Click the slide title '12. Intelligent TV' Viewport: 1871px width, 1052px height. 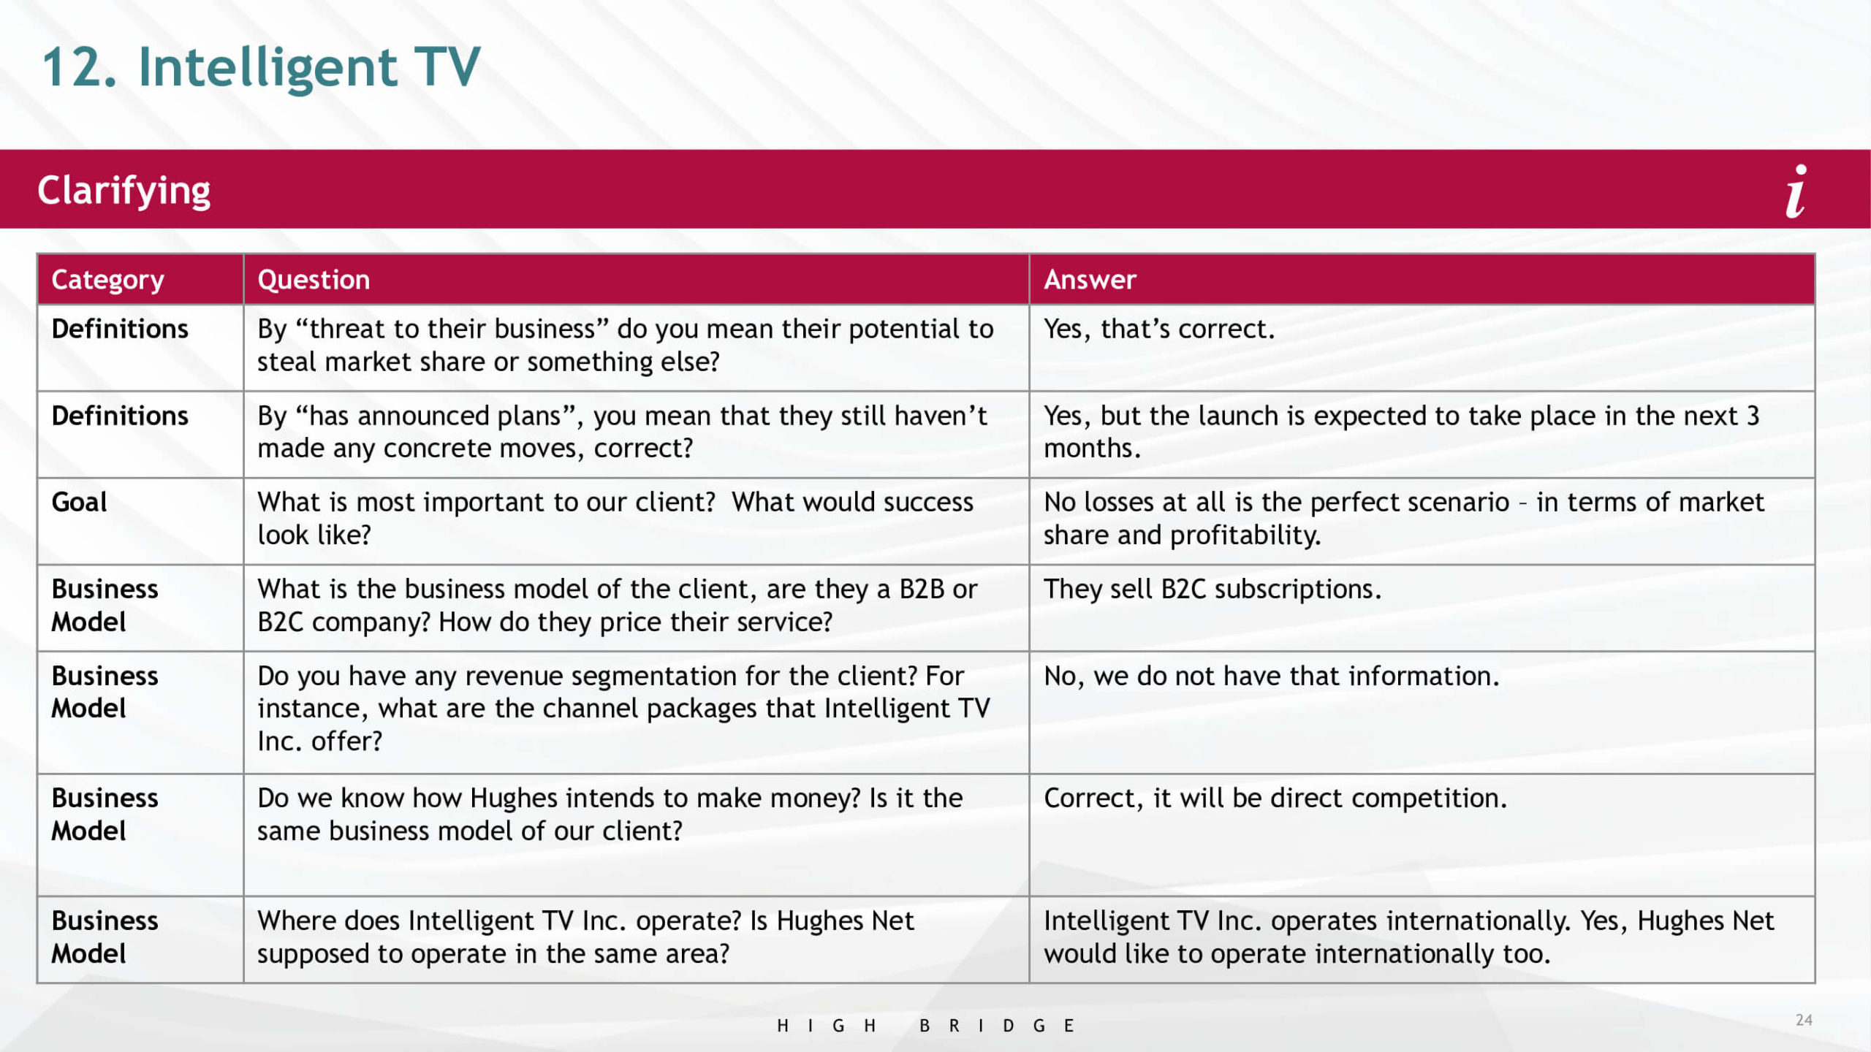coord(261,67)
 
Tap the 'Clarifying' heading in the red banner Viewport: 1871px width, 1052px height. coord(124,191)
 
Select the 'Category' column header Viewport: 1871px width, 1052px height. coord(108,280)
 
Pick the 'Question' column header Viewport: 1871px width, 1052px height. coord(314,280)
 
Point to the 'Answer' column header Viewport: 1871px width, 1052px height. coord(1090,280)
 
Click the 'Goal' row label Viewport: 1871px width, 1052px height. coord(79,502)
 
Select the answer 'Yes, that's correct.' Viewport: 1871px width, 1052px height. coord(1159,329)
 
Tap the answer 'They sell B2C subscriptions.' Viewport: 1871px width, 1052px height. coord(1212,589)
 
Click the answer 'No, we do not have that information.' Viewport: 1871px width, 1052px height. coord(1272,676)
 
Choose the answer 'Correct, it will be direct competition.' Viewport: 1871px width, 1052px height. coord(1275,798)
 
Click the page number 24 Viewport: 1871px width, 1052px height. coord(1804,1020)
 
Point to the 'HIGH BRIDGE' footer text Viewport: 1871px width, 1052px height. coord(925,1026)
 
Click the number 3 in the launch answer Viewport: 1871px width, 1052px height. coord(1753,416)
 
